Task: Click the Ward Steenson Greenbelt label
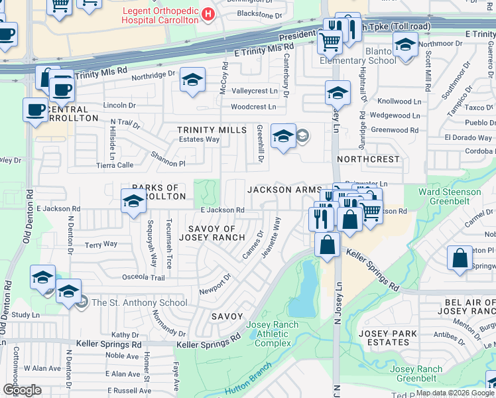450,196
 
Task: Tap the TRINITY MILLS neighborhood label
212,130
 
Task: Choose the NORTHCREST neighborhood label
369,160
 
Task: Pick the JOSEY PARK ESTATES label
387,338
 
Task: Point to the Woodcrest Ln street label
253,107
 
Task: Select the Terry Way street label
101,244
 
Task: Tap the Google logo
22,389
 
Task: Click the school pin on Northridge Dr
192,82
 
